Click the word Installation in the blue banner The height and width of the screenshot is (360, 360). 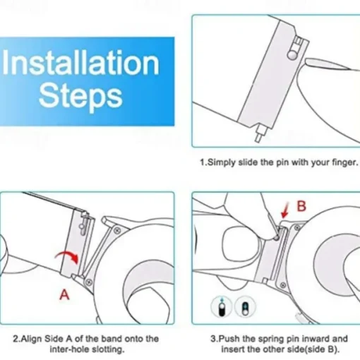point(80,63)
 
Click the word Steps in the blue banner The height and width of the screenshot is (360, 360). point(80,97)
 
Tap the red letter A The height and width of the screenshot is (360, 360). point(64,295)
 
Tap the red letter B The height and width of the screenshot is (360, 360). point(301,206)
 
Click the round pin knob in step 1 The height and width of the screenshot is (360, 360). point(292,54)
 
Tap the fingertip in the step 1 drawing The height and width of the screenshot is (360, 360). point(313,62)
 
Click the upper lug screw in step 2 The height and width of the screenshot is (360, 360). point(117,230)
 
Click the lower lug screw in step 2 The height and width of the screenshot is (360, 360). point(89,282)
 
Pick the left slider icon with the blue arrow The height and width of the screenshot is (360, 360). point(222,307)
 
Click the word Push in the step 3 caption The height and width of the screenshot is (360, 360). point(229,339)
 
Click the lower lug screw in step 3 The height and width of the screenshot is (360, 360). point(283,285)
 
